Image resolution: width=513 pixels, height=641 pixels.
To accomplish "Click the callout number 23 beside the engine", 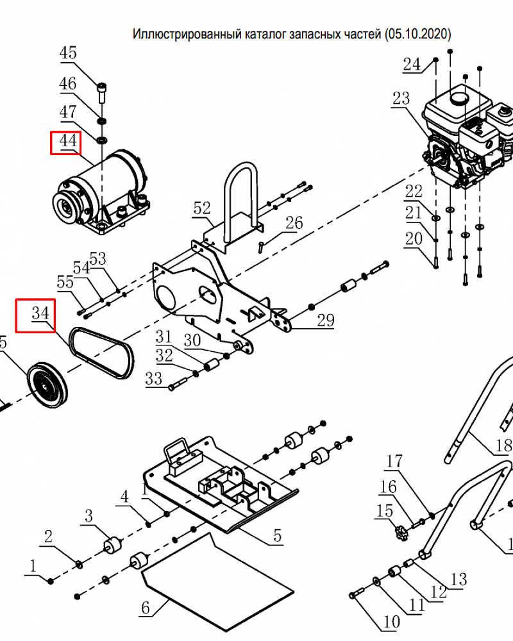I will [x=401, y=99].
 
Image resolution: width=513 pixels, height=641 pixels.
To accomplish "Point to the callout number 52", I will [x=202, y=208].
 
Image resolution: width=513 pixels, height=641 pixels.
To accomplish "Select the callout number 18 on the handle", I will [x=504, y=445].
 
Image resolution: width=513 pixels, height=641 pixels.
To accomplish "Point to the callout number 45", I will [x=68, y=53].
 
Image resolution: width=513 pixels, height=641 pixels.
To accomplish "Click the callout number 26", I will [x=294, y=223].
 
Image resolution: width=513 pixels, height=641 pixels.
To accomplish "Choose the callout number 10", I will [x=391, y=621].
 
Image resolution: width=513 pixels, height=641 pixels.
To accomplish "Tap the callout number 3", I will [x=89, y=516].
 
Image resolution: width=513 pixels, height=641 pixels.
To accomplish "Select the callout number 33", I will [x=154, y=379].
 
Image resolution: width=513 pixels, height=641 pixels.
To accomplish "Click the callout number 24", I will [x=411, y=64].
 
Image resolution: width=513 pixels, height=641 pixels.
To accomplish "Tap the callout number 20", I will [x=414, y=239].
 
